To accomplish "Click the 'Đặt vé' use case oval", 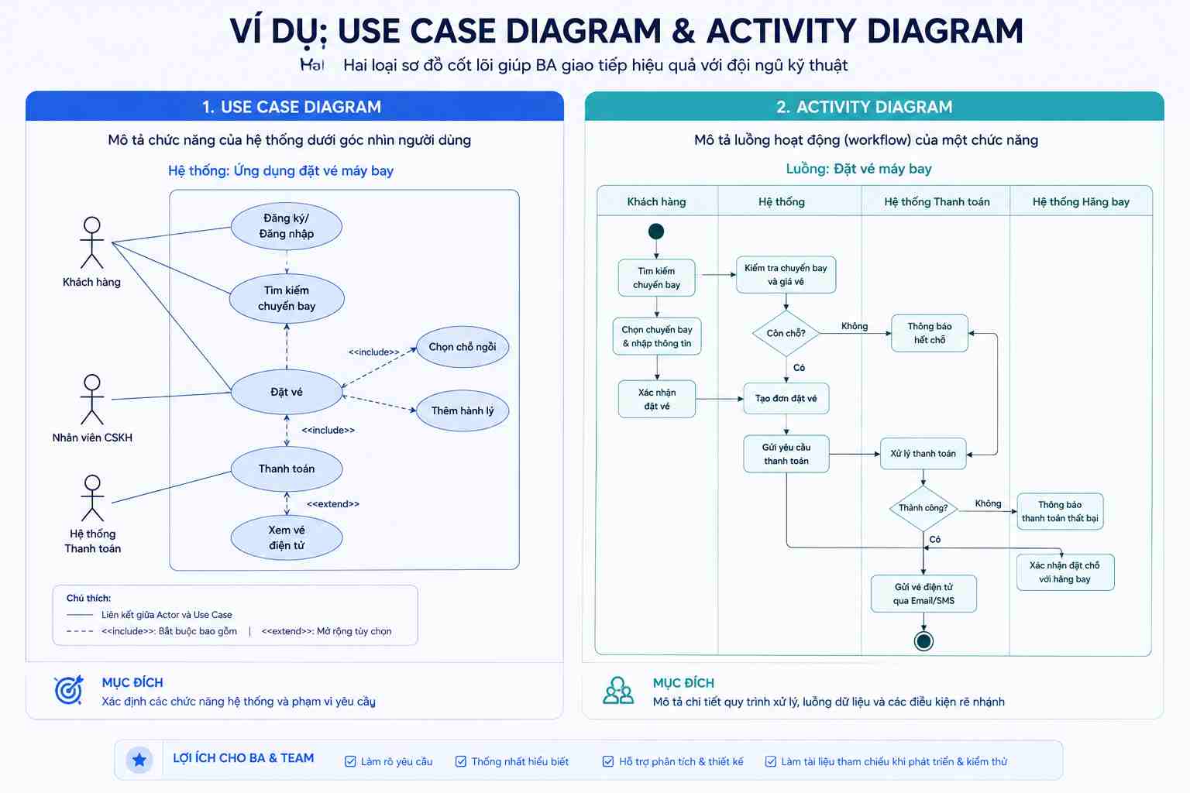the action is pos(287,392).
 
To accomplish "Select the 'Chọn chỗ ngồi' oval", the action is pos(463,347).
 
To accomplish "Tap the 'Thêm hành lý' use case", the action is pos(463,410).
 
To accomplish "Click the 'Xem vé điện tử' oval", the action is pos(287,537).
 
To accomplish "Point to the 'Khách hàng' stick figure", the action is pos(92,242).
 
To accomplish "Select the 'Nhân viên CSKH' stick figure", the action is pos(92,400).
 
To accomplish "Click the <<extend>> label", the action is pos(333,503).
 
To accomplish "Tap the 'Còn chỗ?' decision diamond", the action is pos(786,334).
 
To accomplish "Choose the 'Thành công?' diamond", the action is pos(923,508).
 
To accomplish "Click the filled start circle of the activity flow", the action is pos(656,232).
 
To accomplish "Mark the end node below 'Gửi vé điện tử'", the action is pos(923,642).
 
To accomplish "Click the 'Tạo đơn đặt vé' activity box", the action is pos(786,398).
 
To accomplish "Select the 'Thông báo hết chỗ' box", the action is pos(930,333).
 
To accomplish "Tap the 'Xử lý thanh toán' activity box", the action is pos(923,454).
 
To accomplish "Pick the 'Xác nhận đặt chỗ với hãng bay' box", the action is pos(1065,572).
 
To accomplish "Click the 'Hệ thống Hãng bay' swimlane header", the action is pos(1081,202).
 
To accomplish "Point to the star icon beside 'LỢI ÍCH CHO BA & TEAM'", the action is pos(139,760).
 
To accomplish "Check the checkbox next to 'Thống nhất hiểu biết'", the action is pos(461,762).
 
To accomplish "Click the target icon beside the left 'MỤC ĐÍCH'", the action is pos(69,690).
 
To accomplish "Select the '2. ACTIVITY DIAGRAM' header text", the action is pos(865,107).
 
